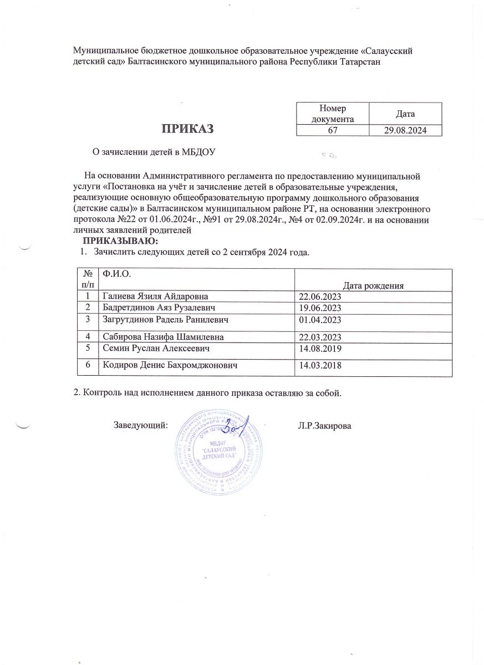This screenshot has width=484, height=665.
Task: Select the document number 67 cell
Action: click(x=333, y=130)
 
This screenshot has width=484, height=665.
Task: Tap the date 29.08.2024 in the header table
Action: click(x=405, y=130)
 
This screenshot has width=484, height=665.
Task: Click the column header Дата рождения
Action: click(x=373, y=285)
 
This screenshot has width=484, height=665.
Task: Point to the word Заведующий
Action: click(x=140, y=425)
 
